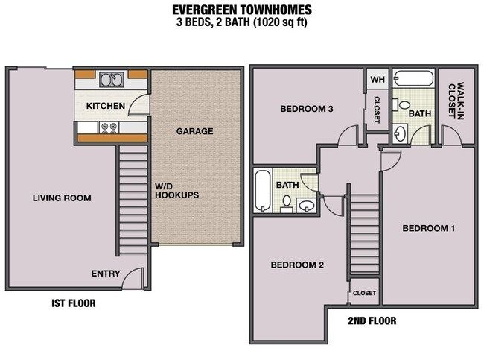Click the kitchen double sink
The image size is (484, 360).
coord(112,80)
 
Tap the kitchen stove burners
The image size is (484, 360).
coord(109,127)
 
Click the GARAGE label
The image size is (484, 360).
coord(195,131)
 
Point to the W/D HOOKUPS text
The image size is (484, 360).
coord(176,191)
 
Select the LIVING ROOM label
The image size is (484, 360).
coord(62,198)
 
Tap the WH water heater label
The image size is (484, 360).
coord(378,80)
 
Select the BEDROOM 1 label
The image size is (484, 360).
coord(428,228)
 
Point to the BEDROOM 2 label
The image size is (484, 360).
coord(297,265)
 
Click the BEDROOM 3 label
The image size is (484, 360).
coord(307,109)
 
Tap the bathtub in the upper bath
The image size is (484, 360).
coord(413,78)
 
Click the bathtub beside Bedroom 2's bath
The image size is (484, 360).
coord(263,190)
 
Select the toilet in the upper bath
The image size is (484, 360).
coord(401,104)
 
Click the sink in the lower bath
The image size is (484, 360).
coord(307,206)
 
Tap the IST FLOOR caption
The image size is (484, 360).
coord(74,303)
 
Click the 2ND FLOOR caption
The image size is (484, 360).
coord(372,320)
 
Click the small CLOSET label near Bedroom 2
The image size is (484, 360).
coord(365,293)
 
